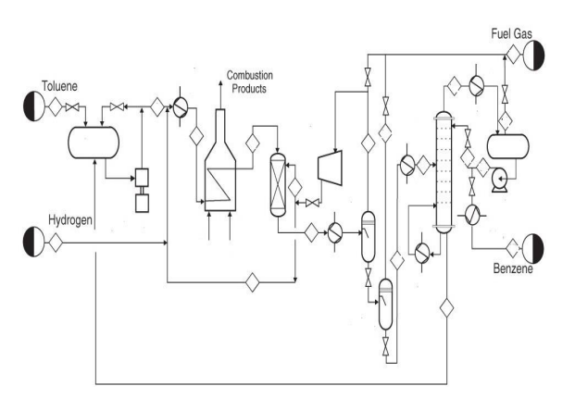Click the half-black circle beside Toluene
(x=32, y=106)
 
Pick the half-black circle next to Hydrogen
(x=33, y=243)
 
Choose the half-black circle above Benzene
(x=534, y=247)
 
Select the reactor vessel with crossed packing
(x=276, y=184)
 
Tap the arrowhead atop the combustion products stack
(x=220, y=81)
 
